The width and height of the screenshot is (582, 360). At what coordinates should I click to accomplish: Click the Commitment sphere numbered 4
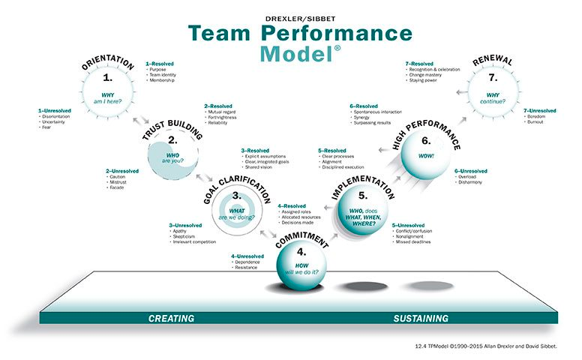(301, 262)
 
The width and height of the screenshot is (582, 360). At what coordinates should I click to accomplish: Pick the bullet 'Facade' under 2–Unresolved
(117, 187)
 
